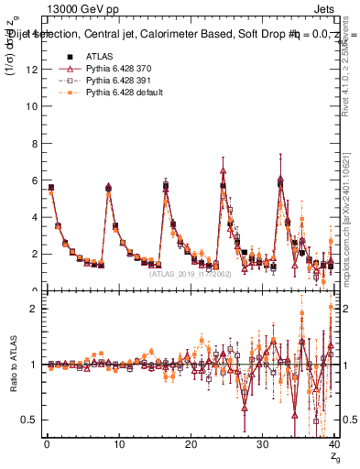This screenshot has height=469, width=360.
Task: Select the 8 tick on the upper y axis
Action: (32, 143)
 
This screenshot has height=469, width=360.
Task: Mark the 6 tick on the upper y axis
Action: (32, 180)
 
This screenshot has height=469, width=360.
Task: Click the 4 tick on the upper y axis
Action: (32, 217)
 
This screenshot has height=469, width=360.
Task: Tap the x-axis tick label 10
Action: (118, 445)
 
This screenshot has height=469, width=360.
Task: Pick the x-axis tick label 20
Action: (191, 445)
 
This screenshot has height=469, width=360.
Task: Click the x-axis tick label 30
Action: (262, 445)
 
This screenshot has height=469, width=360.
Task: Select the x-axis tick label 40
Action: (333, 445)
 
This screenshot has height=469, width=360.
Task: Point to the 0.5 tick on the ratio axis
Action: (28, 420)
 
